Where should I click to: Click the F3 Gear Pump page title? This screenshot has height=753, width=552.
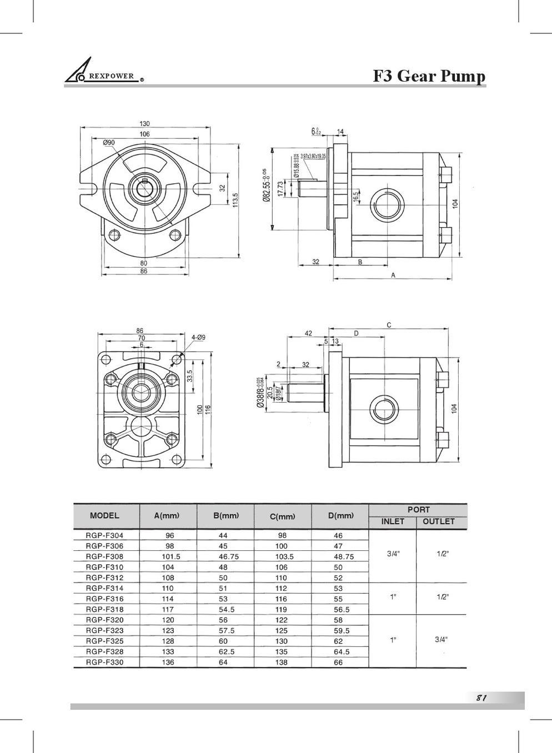point(429,76)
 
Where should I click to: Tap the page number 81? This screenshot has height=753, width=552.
point(481,698)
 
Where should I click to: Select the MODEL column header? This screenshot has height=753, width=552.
point(104,515)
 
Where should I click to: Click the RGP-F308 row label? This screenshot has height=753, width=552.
point(104,556)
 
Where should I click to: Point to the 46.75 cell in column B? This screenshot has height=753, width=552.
point(228,556)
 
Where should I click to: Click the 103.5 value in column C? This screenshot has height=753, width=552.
point(284,556)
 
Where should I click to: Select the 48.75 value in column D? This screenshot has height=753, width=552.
point(343,556)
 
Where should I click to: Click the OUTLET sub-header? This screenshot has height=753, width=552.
point(438,521)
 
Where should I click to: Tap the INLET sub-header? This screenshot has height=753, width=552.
point(393,521)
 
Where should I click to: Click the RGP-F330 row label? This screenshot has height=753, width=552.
point(104,662)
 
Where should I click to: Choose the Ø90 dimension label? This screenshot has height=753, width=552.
point(109,143)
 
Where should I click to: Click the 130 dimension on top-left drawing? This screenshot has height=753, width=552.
point(144,123)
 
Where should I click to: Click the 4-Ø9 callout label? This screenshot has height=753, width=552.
point(198,337)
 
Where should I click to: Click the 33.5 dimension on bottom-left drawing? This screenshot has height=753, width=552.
point(189,376)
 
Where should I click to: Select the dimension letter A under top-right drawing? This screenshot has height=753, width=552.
point(393,275)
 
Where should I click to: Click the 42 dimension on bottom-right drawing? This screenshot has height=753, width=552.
point(308,333)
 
